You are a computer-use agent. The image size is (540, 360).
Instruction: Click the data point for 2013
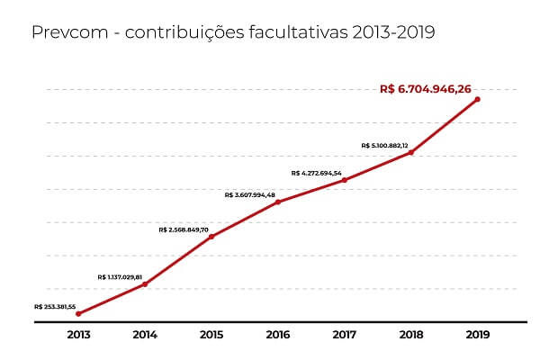[78, 314]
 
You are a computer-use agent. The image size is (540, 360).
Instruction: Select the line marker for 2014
[145, 284]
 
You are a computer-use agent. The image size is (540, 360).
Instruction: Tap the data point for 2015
[211, 237]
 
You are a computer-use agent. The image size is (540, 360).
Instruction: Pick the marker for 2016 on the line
[278, 202]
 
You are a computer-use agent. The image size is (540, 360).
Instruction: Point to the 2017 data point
[345, 180]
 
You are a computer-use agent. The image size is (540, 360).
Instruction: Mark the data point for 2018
[411, 152]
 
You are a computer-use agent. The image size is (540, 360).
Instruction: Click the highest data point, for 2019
[477, 99]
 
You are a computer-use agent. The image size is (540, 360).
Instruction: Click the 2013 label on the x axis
[78, 336]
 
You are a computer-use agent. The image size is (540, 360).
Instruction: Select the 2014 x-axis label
[145, 336]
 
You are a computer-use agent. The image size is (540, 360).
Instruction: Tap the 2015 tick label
[211, 336]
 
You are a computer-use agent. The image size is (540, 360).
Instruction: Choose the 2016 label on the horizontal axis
[278, 336]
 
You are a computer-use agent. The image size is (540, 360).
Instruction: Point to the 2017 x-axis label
[345, 336]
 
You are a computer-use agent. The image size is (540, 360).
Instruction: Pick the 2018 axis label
[411, 336]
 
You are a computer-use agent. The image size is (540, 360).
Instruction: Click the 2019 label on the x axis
[477, 336]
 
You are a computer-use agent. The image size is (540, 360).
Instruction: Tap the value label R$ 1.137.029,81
[121, 276]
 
